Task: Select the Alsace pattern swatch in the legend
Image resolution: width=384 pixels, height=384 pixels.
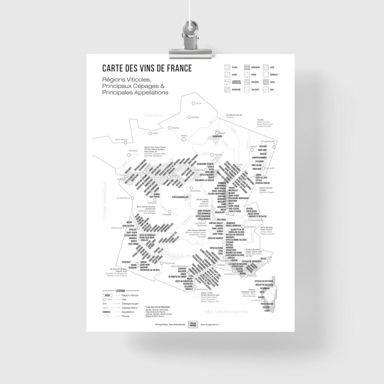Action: click(x=227, y=67)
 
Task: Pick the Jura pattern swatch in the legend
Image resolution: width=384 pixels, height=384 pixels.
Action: click(x=266, y=90)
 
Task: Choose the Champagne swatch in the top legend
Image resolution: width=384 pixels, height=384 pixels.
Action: click(x=227, y=90)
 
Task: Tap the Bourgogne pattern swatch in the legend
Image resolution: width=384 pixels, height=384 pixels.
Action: click(x=246, y=67)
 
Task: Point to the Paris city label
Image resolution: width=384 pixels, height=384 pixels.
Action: click(x=184, y=136)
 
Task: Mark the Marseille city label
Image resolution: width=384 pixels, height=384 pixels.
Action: click(x=228, y=274)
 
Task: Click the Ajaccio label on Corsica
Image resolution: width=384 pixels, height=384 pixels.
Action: click(x=256, y=300)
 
